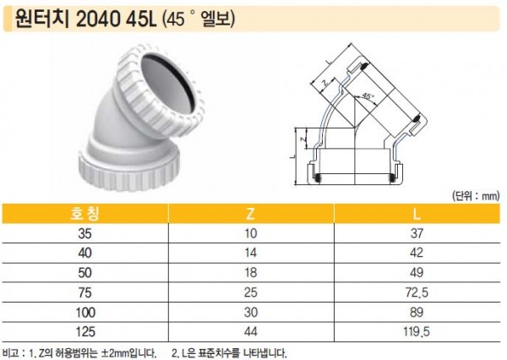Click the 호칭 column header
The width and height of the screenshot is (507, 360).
tap(84, 214)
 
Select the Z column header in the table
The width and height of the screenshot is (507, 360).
tap(251, 214)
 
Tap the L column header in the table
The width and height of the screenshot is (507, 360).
tap(417, 214)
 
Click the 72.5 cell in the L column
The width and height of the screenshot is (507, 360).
tap(417, 292)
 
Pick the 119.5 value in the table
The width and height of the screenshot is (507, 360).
tap(417, 332)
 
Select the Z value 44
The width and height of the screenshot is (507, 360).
tap(251, 332)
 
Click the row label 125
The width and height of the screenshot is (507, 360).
tap(85, 332)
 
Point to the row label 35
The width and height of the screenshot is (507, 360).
tap(84, 233)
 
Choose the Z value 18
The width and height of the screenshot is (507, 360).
tap(251, 273)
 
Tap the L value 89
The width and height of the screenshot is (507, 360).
tap(417, 313)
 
